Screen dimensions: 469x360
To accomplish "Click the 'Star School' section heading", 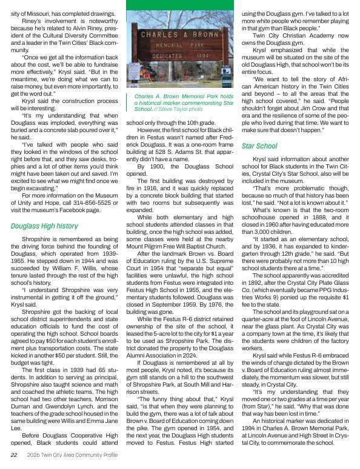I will pyautogui.click(x=259, y=146).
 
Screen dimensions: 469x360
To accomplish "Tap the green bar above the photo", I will pyautogui.click(x=182, y=4).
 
